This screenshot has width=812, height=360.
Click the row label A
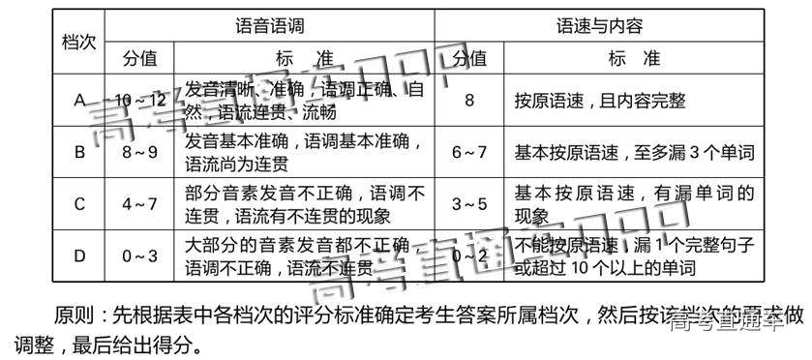coord(78,101)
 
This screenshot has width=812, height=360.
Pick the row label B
coord(79,152)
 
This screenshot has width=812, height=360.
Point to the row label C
coord(79,204)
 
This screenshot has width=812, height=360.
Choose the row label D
coord(79,255)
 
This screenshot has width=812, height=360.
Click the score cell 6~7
coord(470,152)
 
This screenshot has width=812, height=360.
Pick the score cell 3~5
coord(470,204)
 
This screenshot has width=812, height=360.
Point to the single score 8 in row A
coord(470,101)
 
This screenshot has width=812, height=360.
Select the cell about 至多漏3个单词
coord(633,152)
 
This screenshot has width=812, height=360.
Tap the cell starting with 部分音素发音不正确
coord(304,204)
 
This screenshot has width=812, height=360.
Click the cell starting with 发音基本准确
coord(304,152)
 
